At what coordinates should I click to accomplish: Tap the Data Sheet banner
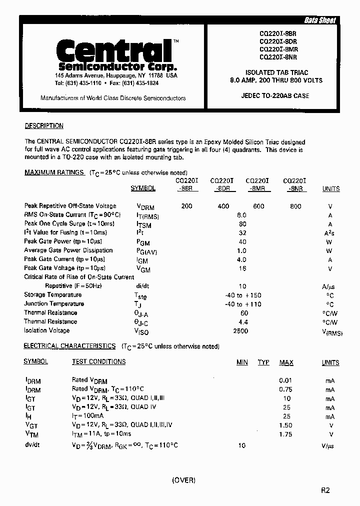pos(320,20)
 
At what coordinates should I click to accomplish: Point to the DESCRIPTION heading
pos(44,126)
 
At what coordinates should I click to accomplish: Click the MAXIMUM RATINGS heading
pos(54,172)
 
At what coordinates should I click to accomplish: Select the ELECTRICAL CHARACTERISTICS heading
pos(69,346)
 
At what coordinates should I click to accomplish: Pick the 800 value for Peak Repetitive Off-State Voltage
pos(295,206)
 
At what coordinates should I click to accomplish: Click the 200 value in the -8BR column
pos(186,206)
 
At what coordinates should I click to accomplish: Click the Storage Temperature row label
pos(49,295)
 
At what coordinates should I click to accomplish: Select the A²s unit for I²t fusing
pos(330,233)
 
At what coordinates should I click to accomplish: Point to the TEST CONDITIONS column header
pos(98,362)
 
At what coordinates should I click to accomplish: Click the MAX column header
pos(286,362)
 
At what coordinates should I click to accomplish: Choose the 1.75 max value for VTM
pos(286,434)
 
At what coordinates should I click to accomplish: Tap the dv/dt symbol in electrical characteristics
pos(32,444)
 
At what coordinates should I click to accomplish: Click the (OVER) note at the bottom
pos(183,480)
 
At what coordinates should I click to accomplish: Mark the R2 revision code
pos(325,490)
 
